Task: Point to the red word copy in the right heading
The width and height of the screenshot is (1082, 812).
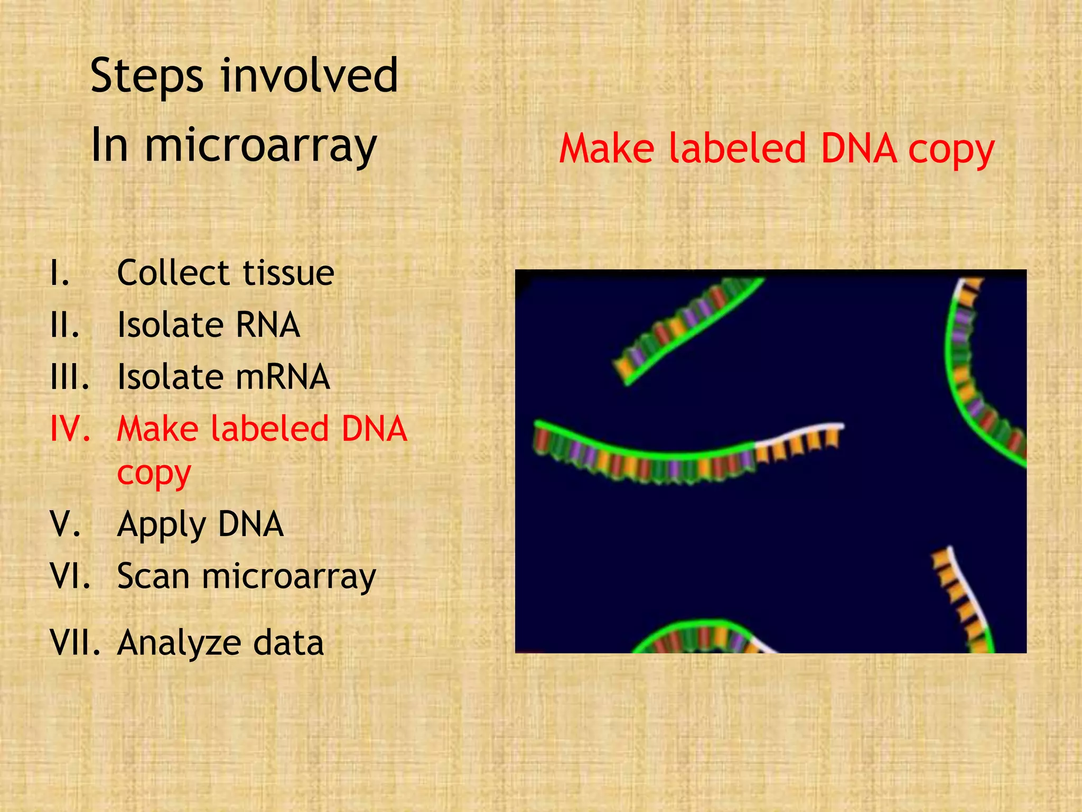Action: [x=950, y=152]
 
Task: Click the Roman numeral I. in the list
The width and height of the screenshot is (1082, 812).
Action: [x=60, y=273]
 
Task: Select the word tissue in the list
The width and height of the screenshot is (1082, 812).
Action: [x=288, y=273]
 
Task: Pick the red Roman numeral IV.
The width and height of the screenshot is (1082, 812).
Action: [x=69, y=429]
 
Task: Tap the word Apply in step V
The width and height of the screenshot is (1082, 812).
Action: [x=161, y=525]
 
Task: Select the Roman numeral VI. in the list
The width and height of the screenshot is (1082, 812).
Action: [x=70, y=576]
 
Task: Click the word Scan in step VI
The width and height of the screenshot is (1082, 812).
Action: [x=153, y=576]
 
